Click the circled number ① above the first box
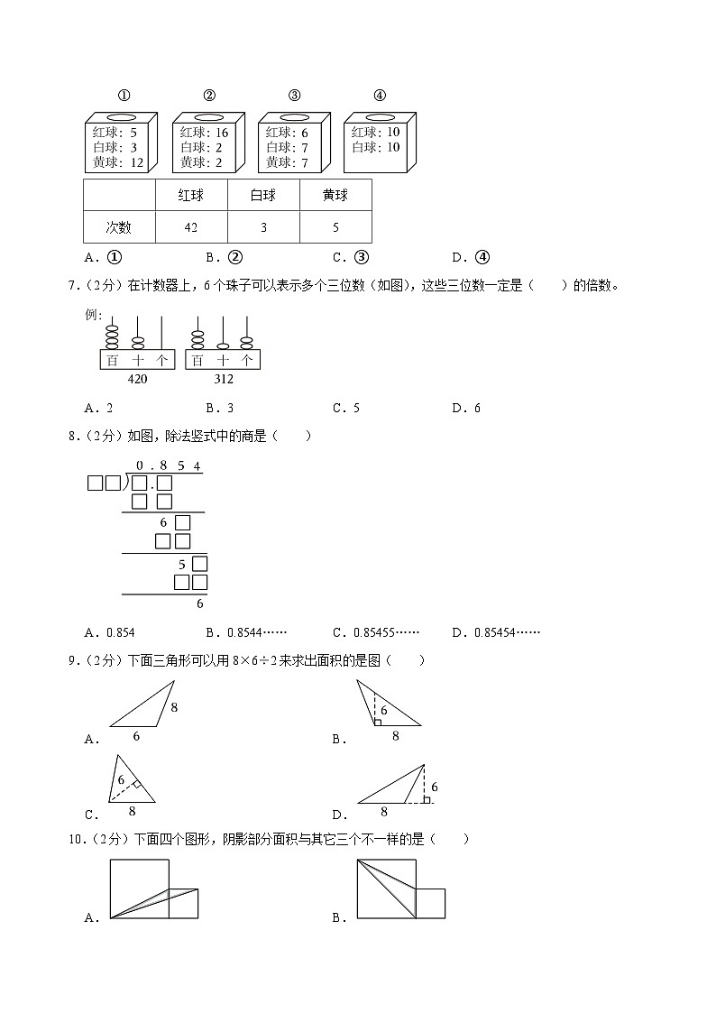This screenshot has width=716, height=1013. point(125,97)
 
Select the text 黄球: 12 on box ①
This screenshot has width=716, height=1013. point(118,163)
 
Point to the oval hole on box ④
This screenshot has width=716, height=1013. point(380,117)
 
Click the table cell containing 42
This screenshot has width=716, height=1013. point(191,228)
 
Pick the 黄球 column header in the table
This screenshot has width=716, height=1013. point(335,195)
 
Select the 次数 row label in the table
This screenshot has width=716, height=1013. point(118,228)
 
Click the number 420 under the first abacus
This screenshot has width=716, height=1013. point(137,379)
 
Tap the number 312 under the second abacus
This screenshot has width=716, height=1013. point(223,379)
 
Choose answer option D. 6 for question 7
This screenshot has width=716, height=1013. point(466,408)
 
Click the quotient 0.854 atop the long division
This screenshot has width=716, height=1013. point(168,466)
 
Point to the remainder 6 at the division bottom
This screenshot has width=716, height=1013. point(199,604)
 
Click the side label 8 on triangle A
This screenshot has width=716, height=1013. point(174,708)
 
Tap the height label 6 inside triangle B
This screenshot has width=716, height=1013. point(382,711)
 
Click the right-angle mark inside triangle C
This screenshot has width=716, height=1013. point(135,786)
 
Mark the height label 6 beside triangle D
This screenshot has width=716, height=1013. point(434,787)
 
